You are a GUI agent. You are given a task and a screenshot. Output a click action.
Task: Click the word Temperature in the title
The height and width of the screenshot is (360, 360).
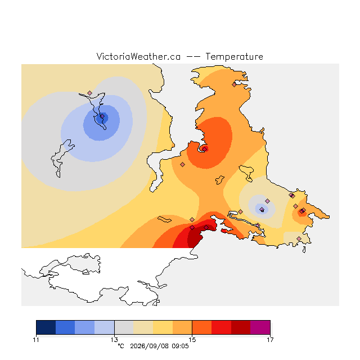[x=234, y=56]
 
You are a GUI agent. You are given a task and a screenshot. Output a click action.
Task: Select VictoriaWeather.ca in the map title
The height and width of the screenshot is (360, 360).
[x=138, y=56]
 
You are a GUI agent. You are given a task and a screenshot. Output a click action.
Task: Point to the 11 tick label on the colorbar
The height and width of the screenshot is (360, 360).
[x=36, y=340]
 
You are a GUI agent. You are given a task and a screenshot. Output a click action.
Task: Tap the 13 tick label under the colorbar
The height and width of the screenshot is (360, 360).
[x=114, y=340]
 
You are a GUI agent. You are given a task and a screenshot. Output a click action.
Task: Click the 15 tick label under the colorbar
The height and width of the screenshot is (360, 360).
[x=192, y=340]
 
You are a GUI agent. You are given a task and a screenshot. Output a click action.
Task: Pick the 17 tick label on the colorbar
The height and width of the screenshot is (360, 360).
[x=270, y=340]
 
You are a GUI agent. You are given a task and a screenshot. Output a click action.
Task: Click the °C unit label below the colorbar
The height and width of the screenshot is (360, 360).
[x=121, y=346]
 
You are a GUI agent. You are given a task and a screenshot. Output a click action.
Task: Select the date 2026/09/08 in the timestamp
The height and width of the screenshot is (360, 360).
[x=150, y=346]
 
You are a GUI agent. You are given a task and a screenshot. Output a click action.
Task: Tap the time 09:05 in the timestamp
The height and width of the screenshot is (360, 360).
[x=180, y=346]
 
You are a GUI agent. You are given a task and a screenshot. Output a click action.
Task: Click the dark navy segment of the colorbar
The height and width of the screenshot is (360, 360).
[x=46, y=327]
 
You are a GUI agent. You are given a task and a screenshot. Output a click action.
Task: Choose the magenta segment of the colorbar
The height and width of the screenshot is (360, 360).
[x=260, y=327]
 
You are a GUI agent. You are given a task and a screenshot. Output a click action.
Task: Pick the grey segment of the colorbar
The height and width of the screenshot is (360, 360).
[x=124, y=327]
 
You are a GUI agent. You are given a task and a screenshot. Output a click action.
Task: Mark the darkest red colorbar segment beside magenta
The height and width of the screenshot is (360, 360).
[x=241, y=327]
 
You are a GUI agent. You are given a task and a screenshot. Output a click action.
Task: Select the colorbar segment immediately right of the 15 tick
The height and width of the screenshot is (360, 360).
[x=202, y=327]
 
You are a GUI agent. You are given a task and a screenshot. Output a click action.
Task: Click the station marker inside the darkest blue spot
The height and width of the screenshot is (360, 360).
[x=102, y=116]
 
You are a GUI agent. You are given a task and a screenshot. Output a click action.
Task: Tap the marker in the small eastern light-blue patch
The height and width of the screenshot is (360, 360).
[x=262, y=209]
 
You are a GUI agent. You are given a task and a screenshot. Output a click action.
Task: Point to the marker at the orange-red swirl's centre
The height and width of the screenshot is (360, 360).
[x=205, y=149]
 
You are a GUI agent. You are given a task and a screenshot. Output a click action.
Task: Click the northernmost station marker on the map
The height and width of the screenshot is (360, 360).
[x=234, y=85]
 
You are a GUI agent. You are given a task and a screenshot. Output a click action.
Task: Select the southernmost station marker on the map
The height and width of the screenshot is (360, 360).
[x=299, y=238]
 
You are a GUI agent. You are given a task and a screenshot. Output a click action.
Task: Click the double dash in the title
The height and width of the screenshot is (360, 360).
[x=193, y=57]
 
